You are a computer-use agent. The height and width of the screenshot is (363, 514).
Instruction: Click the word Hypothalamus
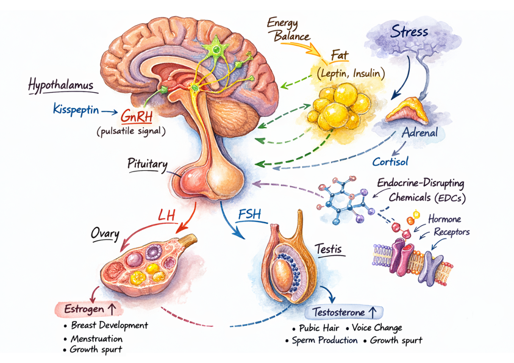(61, 85)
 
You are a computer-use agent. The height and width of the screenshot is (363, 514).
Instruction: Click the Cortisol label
(390, 162)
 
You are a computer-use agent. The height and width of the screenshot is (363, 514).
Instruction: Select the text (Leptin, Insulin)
(351, 73)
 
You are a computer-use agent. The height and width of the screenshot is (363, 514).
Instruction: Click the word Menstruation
(96, 338)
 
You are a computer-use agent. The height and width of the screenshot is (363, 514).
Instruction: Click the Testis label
(327, 248)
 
